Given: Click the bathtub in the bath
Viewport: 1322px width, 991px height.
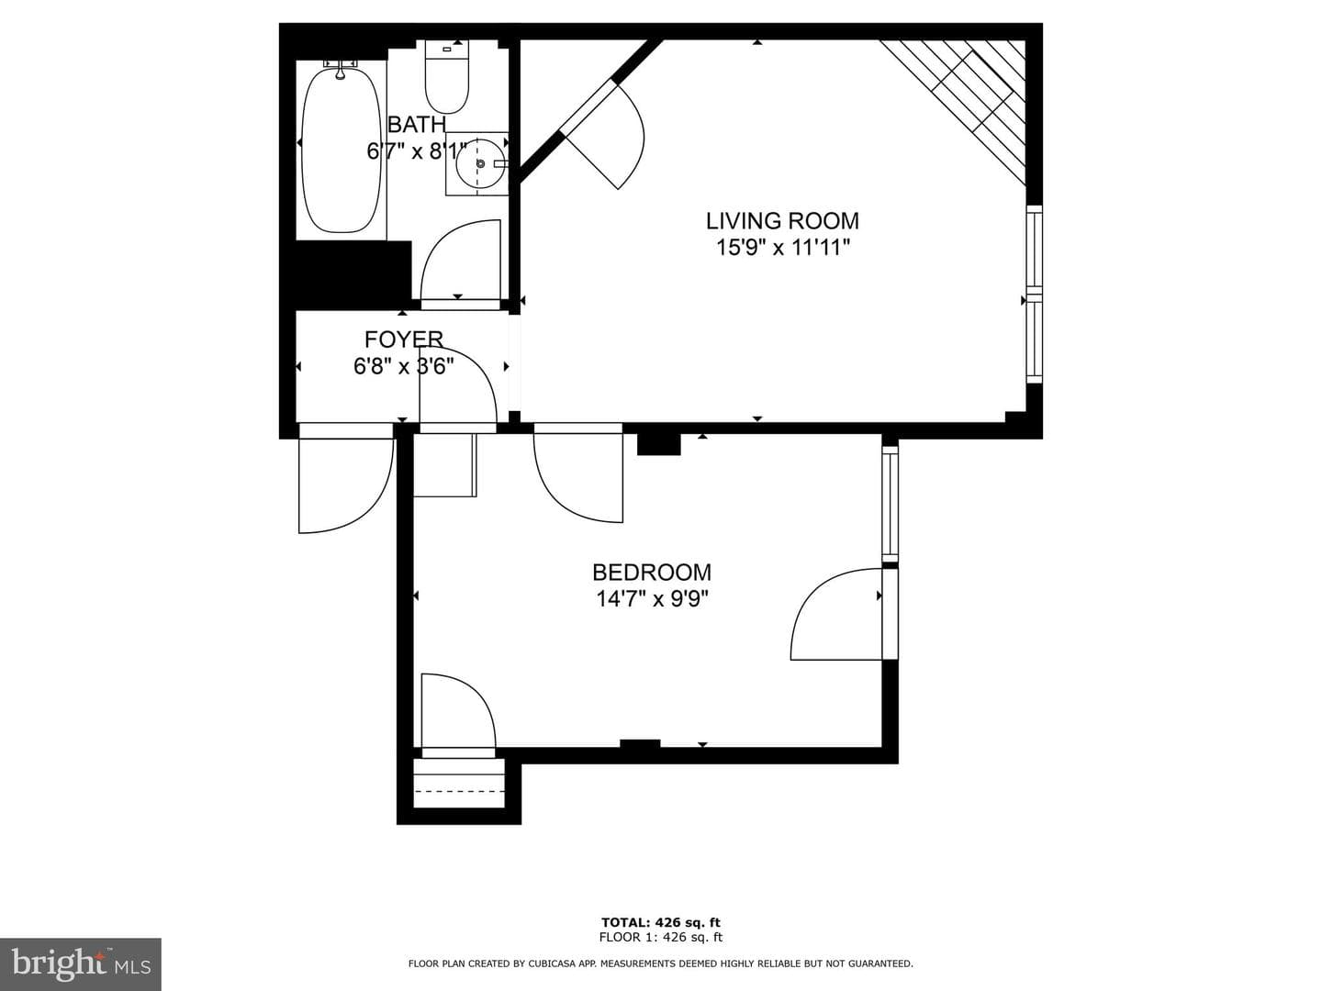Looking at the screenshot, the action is (x=341, y=150).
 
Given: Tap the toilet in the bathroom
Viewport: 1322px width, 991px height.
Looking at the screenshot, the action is (x=447, y=76).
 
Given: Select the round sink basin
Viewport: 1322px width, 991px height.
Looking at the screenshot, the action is (x=480, y=163).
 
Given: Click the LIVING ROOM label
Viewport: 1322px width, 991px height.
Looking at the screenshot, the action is (x=782, y=221).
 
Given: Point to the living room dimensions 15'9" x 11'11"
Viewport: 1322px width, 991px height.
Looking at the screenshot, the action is (x=782, y=248).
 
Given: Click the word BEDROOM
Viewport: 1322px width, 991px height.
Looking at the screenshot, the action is (x=652, y=572).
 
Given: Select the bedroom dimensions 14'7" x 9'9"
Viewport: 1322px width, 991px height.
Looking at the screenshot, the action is (x=652, y=598).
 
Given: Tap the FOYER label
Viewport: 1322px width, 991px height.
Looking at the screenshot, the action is (x=404, y=340).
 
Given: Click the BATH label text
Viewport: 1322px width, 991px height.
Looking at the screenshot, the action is (x=417, y=125).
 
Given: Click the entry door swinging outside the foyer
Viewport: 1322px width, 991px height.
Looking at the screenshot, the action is (x=346, y=485).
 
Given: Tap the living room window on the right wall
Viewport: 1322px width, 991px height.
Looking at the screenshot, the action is (x=1034, y=295).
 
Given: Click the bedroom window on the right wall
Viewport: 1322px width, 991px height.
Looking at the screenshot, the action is (x=891, y=503).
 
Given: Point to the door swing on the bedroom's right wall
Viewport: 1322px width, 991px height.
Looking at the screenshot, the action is (x=836, y=614).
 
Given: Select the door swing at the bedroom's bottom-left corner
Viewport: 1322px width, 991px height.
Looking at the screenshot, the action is (x=458, y=711).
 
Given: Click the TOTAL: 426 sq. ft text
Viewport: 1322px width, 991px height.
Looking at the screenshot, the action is (x=661, y=922).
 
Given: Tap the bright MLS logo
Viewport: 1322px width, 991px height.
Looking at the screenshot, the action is (x=81, y=964).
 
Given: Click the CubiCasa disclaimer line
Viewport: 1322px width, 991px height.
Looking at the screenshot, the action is (x=661, y=963).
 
